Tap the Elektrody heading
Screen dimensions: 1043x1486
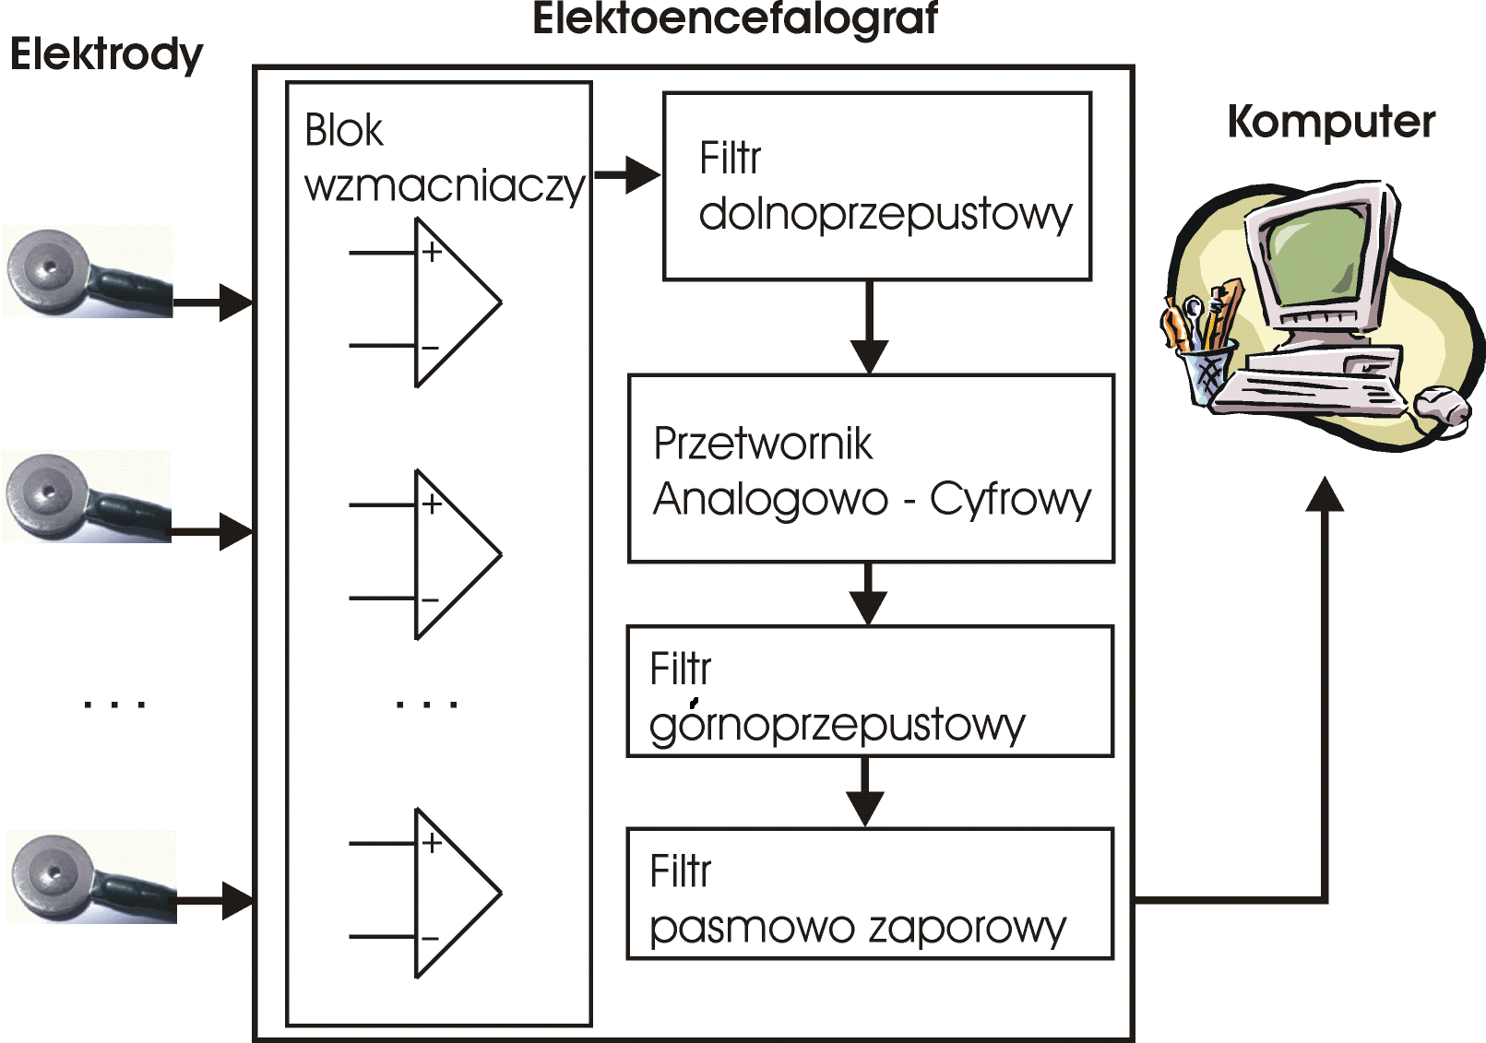(106, 54)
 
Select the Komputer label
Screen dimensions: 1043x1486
(1331, 123)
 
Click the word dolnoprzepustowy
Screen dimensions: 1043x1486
(886, 215)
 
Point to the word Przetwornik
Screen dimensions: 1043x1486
(762, 444)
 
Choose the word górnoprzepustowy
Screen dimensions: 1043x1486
(837, 725)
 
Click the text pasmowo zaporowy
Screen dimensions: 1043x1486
(858, 927)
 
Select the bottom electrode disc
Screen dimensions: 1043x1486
(53, 872)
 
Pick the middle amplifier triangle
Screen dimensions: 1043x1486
(452, 554)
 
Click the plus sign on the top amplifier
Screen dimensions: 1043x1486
(432, 251)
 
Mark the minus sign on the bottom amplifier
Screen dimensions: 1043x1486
(430, 939)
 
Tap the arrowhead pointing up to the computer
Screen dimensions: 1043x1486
(1325, 494)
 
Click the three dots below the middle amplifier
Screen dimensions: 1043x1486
(426, 705)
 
